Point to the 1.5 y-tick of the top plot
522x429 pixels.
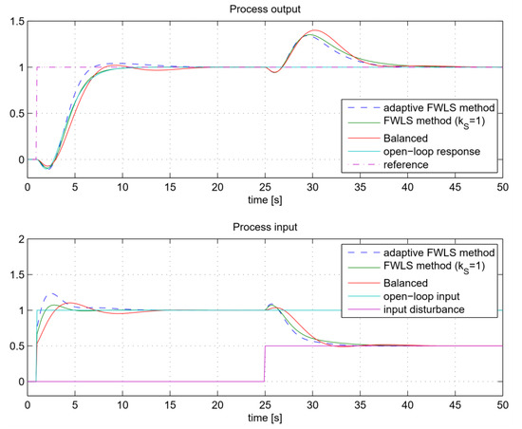pos(18,22)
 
